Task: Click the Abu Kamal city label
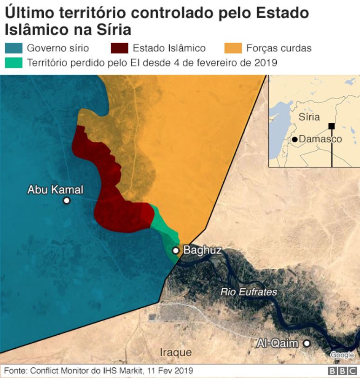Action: pyautogui.click(x=55, y=190)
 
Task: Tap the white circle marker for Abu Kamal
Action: pyautogui.click(x=67, y=200)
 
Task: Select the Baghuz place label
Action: pyautogui.click(x=202, y=250)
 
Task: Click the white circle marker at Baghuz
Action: pyautogui.click(x=176, y=251)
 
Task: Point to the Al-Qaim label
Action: pyautogui.click(x=278, y=344)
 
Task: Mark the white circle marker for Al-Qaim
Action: pyautogui.click(x=307, y=344)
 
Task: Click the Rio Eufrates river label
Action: pyautogui.click(x=249, y=292)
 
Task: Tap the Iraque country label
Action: pyautogui.click(x=176, y=351)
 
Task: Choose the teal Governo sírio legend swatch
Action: pyautogui.click(x=13, y=48)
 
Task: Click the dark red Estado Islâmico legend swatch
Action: pyautogui.click(x=120, y=48)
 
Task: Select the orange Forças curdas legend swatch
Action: pyautogui.click(x=233, y=48)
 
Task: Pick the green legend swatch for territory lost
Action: pyautogui.click(x=13, y=62)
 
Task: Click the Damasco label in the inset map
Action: pyautogui.click(x=320, y=139)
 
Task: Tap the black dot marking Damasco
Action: pyautogui.click(x=295, y=139)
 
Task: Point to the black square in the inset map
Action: pyautogui.click(x=331, y=126)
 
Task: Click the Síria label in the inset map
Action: pyautogui.click(x=309, y=117)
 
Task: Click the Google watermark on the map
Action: pyautogui.click(x=342, y=355)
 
